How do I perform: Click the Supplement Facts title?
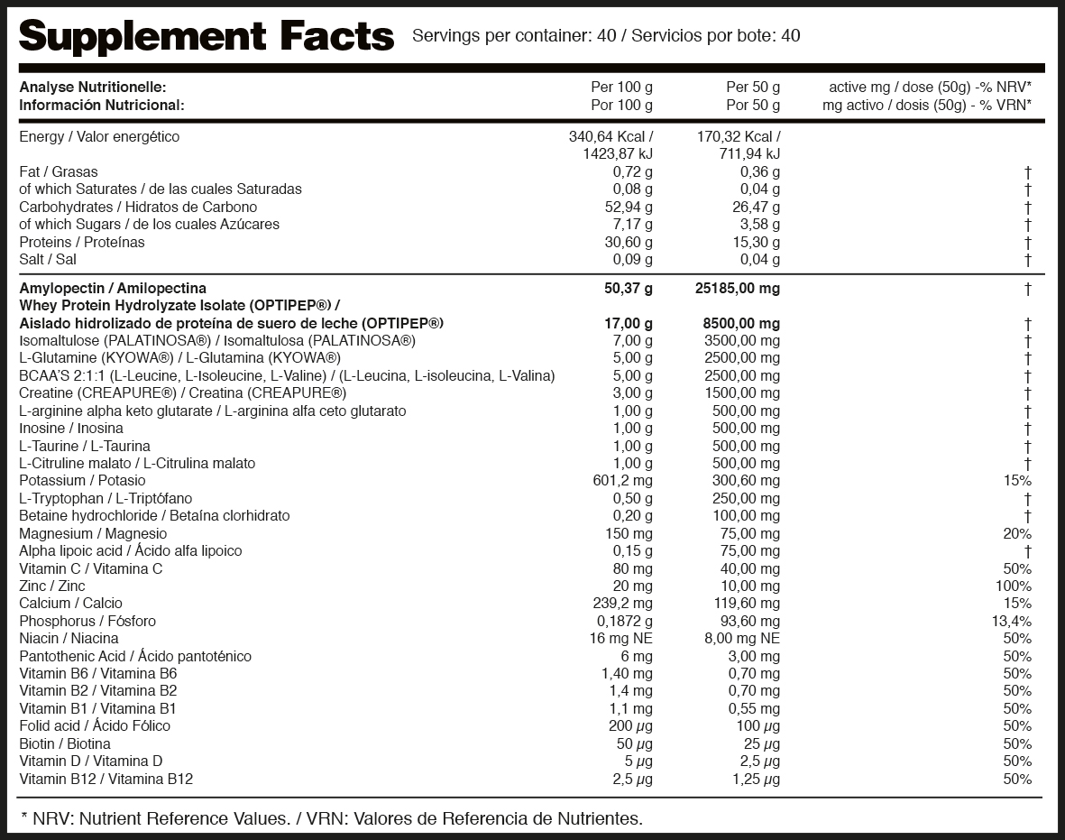click(207, 36)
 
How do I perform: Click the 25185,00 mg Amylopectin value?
click(739, 289)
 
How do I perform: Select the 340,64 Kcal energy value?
click(611, 137)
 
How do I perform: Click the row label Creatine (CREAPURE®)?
click(183, 393)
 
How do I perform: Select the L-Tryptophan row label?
click(106, 499)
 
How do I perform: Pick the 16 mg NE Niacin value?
click(618, 639)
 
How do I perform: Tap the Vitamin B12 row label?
click(106, 779)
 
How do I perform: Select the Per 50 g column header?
click(753, 88)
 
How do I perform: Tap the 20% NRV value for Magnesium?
click(1017, 534)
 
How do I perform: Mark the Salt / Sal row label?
click(47, 260)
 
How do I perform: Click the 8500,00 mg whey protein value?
click(741, 324)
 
